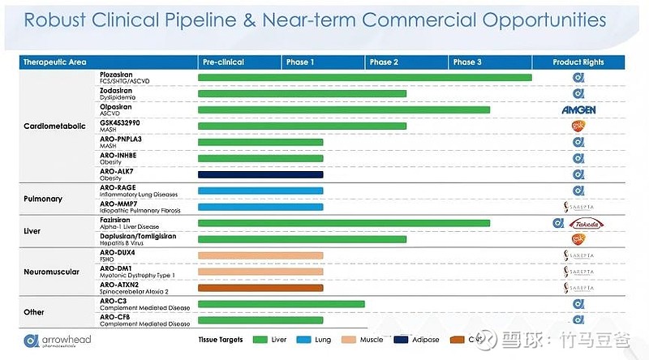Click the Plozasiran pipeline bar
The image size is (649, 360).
point(364,78)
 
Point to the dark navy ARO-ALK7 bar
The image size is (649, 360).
point(260,174)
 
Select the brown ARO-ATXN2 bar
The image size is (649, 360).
point(260,288)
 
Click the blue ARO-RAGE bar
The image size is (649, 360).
point(260,191)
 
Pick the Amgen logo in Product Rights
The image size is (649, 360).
point(578,109)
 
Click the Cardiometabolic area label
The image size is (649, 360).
point(54,126)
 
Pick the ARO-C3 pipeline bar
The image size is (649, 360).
point(281,305)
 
